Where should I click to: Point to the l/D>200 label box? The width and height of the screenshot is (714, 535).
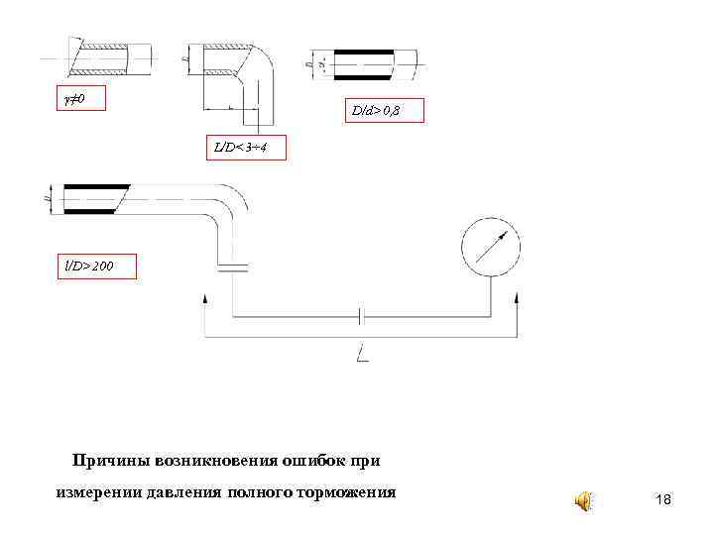(95, 267)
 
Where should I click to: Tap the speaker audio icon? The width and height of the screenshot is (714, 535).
(585, 501)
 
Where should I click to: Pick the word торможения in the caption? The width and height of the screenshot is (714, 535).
(351, 491)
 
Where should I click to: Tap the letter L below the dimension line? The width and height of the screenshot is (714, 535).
(362, 353)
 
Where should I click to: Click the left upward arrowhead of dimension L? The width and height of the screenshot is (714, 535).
(205, 298)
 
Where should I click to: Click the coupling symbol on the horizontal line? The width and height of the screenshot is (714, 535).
(362, 316)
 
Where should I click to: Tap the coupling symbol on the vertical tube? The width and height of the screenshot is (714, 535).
(232, 266)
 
